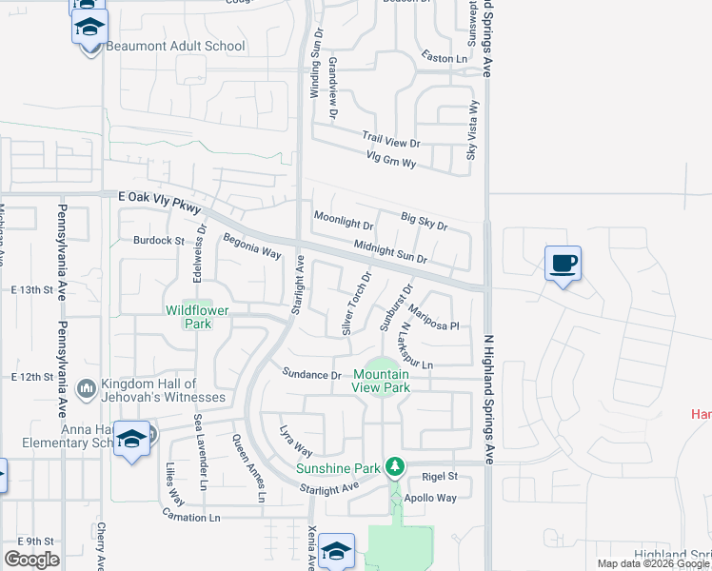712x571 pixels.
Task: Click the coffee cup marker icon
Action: (x=563, y=263)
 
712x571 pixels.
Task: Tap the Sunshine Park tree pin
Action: (x=392, y=467)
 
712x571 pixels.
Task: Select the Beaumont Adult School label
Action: (x=176, y=46)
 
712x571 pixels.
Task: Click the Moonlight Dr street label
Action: (x=344, y=225)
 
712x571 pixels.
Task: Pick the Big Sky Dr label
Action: (x=424, y=222)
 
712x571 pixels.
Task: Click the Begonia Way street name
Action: (x=252, y=247)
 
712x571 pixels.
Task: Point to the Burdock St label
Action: (x=158, y=241)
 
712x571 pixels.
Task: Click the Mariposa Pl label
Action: (x=434, y=319)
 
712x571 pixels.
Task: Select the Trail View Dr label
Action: (x=390, y=143)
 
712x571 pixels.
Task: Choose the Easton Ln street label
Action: (x=447, y=59)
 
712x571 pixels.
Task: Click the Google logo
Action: (x=31, y=560)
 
